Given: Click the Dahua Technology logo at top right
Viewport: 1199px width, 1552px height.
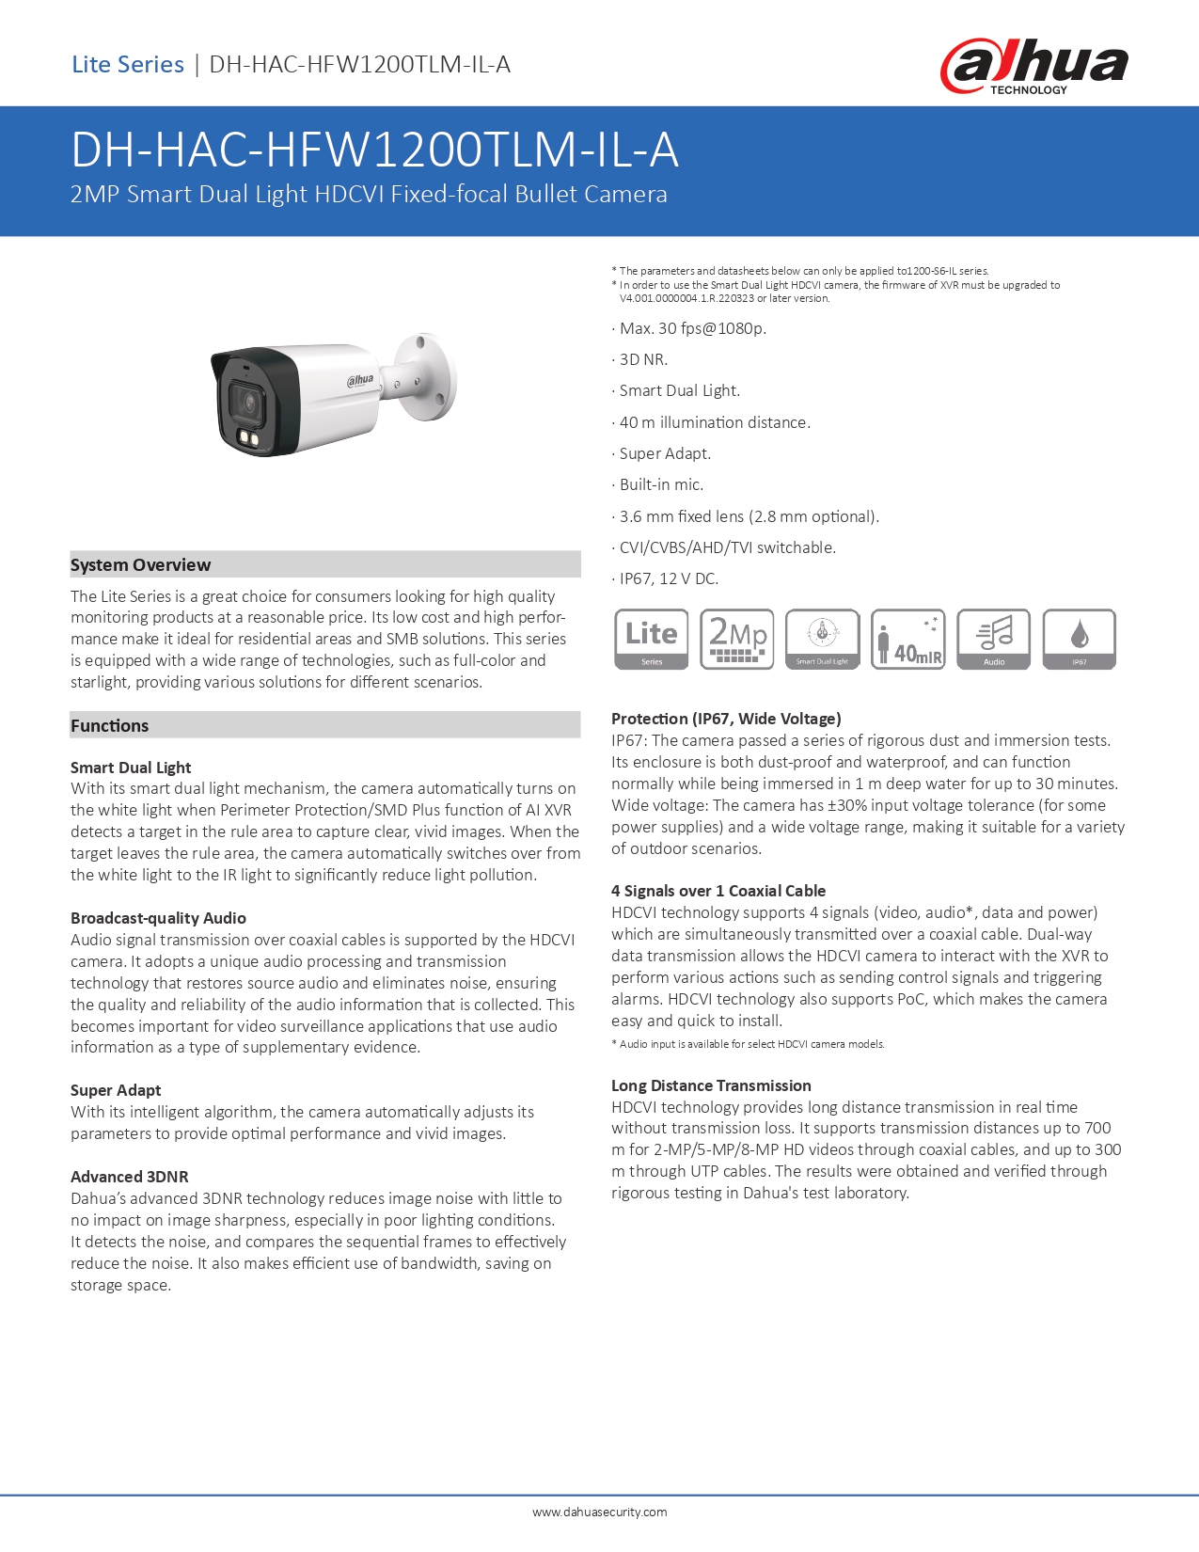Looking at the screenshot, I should tap(1033, 66).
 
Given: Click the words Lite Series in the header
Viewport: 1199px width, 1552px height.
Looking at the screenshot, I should tap(128, 65).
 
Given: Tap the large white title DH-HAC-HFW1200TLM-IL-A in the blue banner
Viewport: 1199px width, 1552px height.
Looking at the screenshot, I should tap(374, 150).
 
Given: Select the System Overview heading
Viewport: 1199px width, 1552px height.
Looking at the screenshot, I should tap(141, 564).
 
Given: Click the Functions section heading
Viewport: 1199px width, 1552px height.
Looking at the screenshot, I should tap(110, 725).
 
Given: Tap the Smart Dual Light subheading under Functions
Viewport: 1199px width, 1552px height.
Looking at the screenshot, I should tap(131, 768).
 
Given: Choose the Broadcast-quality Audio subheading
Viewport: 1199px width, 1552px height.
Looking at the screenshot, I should tap(158, 918).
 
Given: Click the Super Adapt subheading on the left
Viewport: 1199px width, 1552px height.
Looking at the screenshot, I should tap(116, 1090).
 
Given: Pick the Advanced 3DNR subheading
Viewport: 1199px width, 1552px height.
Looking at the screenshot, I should tap(130, 1177).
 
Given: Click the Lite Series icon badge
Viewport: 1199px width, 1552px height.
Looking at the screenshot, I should tap(651, 639).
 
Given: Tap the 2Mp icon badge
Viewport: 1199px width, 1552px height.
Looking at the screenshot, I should tap(737, 639).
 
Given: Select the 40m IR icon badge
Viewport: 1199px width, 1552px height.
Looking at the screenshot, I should tap(907, 639).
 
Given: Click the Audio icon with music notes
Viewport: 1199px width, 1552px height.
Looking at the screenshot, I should tap(993, 639).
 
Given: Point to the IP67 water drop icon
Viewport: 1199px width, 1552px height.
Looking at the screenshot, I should tap(1080, 639).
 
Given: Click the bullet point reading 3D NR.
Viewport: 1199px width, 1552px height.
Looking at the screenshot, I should tap(643, 359).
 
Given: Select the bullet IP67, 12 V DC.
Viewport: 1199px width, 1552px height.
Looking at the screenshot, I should tap(668, 578).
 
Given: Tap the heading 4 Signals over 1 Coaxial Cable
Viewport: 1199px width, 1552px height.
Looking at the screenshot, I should tap(718, 891).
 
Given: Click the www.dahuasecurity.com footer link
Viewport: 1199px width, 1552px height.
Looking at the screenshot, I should tap(599, 1512).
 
